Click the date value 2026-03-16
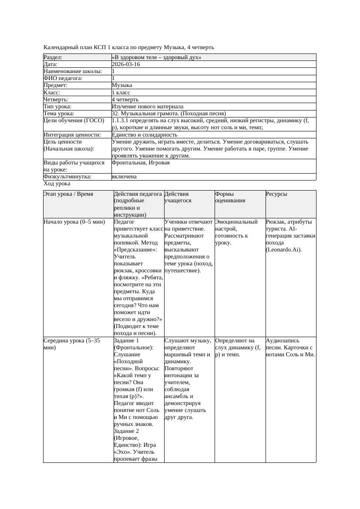126,64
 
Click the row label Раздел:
53,57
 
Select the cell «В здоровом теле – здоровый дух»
156,57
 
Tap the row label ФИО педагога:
63,78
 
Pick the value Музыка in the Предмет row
122,85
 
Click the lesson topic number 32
115,114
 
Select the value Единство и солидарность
145,135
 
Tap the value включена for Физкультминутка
124,177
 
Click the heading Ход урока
57,184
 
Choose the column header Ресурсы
276,194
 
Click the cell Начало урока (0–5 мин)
74,222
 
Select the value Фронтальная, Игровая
141,163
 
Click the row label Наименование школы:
73,71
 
